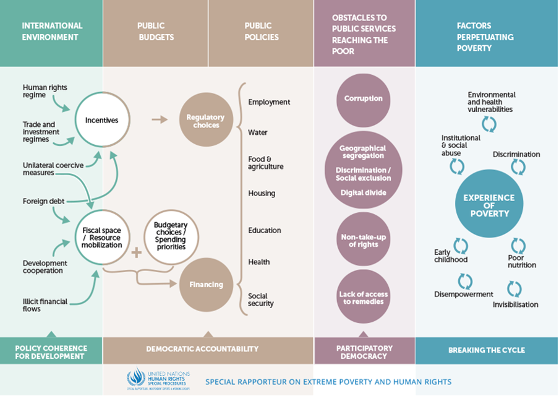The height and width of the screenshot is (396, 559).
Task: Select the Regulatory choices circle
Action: click(x=206, y=120)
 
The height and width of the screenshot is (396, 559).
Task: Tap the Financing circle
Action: click(x=206, y=285)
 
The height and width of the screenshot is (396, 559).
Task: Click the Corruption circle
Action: click(x=363, y=99)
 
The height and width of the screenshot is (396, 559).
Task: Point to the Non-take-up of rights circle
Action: click(x=363, y=240)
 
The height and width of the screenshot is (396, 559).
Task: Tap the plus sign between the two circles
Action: click(x=137, y=252)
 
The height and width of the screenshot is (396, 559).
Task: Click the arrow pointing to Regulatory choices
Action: click(x=160, y=119)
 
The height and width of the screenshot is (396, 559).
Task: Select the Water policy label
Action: click(x=258, y=132)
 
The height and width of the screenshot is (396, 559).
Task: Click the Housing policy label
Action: click(x=262, y=193)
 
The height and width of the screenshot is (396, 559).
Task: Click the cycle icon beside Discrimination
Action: click(x=518, y=167)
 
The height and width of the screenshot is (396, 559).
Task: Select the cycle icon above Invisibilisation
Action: click(x=514, y=288)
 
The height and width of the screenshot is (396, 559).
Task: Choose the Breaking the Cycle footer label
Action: click(x=486, y=350)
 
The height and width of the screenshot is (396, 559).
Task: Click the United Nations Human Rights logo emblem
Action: click(x=135, y=377)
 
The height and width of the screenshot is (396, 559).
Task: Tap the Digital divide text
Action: click(x=363, y=192)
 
